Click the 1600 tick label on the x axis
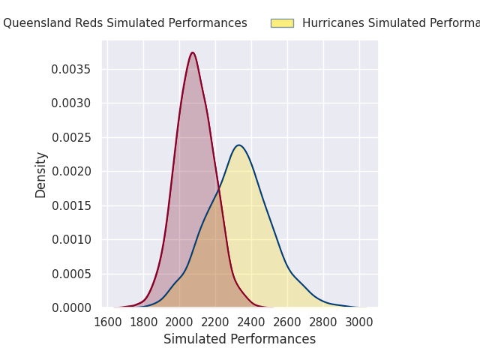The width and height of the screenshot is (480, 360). point(107,322)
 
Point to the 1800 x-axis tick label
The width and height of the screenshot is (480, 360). point(143,322)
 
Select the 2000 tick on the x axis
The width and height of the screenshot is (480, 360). point(179,322)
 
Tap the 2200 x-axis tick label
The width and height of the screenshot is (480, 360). point(215,322)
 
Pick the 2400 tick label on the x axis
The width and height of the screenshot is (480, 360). point(251,322)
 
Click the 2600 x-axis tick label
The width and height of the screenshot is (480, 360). point(287,322)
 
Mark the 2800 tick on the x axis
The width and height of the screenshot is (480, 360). point(323,322)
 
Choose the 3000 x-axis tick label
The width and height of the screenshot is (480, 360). point(359,322)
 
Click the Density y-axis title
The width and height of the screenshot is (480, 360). point(41,174)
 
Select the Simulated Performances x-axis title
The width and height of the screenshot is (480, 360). point(240,340)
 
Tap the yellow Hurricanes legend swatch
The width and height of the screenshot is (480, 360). point(282,23)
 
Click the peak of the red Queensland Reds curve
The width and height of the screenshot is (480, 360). point(193,52)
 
